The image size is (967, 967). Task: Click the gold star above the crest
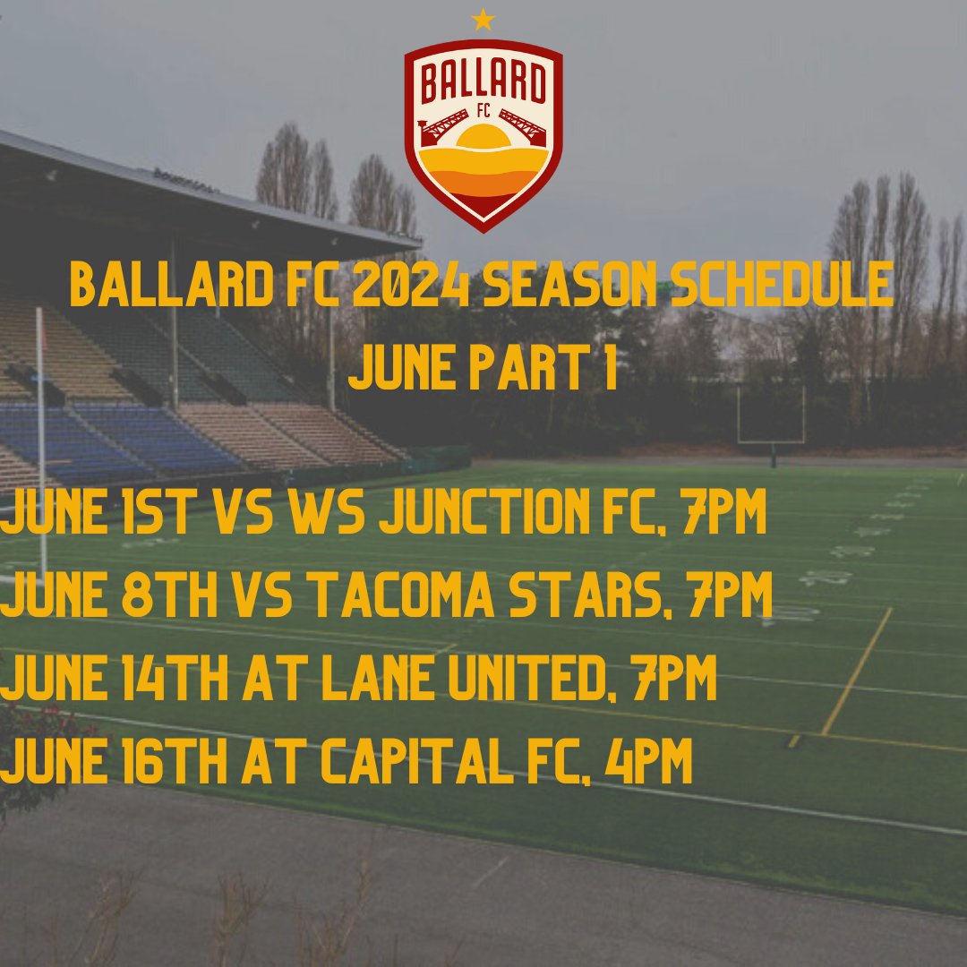(x=483, y=20)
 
